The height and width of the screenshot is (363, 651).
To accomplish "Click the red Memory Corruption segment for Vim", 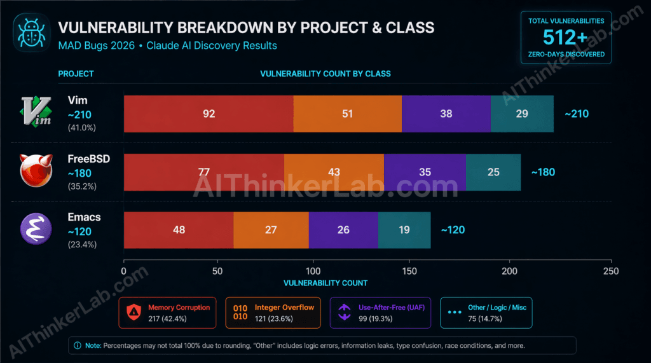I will click(x=209, y=114).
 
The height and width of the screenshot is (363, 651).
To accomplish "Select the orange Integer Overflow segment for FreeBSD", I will click(x=334, y=172).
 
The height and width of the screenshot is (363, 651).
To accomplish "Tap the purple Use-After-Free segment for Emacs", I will click(x=343, y=230).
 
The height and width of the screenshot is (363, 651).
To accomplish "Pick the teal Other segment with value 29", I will click(x=522, y=114).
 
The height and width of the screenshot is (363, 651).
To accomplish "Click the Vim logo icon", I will click(x=31, y=112).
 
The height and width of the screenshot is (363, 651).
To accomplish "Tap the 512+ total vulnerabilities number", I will click(x=566, y=38).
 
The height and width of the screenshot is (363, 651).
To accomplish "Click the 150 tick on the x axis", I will click(x=413, y=271).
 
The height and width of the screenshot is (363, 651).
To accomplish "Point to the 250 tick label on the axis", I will click(x=611, y=271).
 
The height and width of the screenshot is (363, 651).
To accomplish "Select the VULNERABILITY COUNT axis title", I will click(x=325, y=283).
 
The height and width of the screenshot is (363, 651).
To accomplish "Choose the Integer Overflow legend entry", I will click(x=274, y=313).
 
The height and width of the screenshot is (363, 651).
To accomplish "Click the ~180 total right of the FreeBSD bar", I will click(x=544, y=172).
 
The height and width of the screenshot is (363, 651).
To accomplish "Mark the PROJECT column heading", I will click(x=76, y=74).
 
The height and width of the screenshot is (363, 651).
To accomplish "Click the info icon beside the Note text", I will click(x=78, y=345).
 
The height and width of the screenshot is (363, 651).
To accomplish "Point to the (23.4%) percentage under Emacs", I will click(x=82, y=244).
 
